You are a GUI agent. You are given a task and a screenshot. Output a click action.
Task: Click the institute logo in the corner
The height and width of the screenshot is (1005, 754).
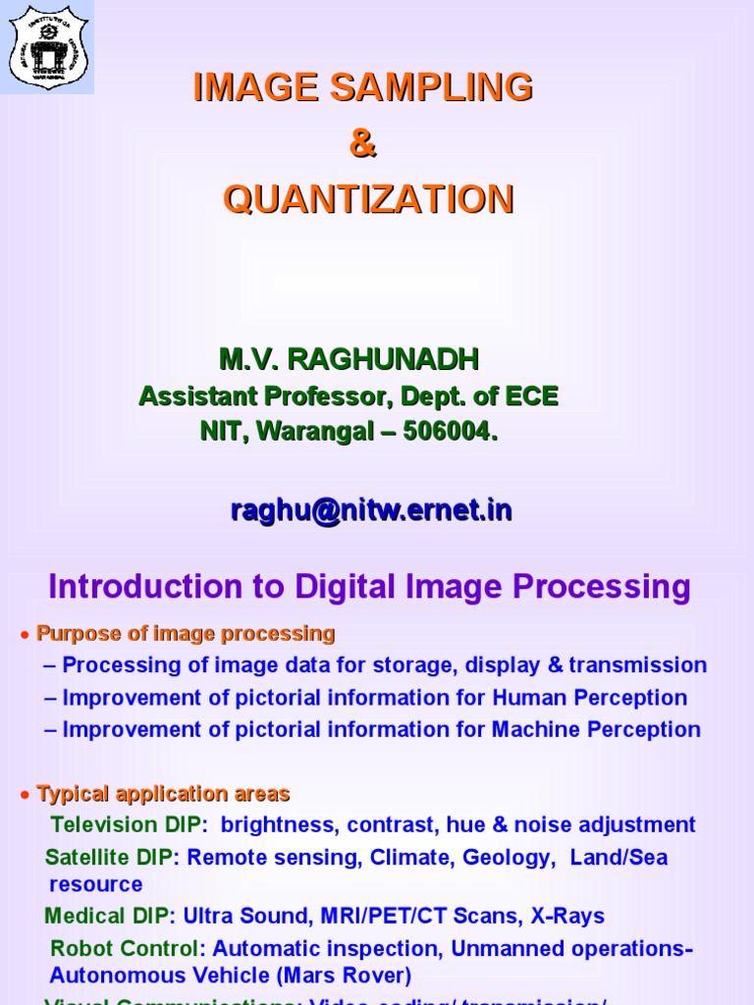47,46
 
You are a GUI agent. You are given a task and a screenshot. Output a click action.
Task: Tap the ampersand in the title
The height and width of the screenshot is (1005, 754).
362,144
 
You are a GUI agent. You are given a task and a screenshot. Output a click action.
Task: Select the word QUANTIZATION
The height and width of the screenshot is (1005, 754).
368,200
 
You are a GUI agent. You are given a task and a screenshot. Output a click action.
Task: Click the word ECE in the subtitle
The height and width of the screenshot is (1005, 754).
531,397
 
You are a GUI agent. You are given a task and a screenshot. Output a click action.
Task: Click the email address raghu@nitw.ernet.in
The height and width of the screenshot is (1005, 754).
371,510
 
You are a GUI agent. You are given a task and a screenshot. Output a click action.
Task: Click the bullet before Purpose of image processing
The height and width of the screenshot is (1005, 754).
23,636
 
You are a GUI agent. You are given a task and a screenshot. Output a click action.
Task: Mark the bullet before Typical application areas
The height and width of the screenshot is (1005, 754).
23,795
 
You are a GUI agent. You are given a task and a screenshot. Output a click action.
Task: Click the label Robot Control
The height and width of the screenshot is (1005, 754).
125,949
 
